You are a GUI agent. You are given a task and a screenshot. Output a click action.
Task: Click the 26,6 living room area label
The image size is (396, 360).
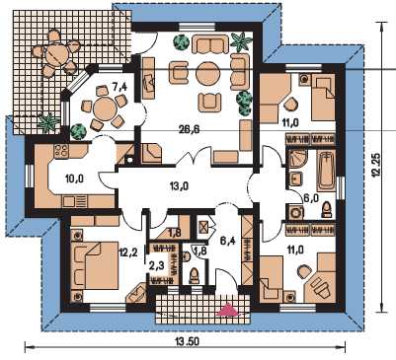click(189, 129)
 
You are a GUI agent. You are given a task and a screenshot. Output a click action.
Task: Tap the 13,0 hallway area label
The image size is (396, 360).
click(179, 186)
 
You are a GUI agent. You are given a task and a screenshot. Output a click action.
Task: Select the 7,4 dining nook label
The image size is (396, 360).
click(119, 87)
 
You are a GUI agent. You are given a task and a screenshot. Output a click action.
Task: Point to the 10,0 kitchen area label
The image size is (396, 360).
click(74, 179)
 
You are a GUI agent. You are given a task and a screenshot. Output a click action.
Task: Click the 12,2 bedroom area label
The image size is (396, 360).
click(127, 252)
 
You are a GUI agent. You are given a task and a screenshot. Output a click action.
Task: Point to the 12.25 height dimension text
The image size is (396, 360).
click(377, 165)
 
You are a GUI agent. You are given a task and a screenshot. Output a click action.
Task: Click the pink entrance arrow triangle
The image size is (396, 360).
click(227, 310)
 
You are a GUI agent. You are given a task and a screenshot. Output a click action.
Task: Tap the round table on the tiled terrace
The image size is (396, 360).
click(56, 55)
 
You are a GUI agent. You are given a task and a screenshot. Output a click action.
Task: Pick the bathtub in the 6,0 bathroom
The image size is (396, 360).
click(324, 171)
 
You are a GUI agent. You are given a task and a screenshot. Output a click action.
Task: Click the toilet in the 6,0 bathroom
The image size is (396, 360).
click(327, 209)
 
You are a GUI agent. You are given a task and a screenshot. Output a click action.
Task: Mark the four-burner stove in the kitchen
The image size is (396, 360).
click(60, 151)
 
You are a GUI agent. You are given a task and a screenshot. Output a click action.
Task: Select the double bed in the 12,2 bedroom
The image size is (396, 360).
click(97, 266)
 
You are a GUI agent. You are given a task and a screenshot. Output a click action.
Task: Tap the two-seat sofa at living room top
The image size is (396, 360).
click(210, 44)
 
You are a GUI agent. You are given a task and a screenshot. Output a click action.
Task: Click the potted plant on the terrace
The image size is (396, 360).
click(49, 123)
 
